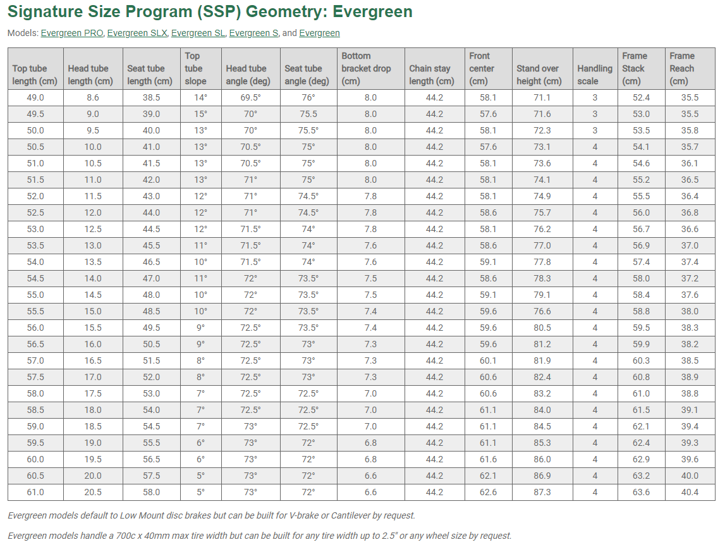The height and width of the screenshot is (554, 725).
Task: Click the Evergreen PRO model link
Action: [72, 33]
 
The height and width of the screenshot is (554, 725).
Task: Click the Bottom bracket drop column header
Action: [366, 68]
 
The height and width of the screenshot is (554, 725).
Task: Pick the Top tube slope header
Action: [195, 68]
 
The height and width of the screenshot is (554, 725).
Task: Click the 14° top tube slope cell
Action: [200, 97]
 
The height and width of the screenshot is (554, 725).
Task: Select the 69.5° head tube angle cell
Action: [250, 97]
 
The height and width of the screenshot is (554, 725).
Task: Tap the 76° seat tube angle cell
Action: [308, 97]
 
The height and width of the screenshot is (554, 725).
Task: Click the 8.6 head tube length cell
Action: [92, 97]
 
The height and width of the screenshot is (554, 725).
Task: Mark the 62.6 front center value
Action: [488, 492]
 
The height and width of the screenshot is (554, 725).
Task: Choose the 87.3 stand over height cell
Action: [542, 492]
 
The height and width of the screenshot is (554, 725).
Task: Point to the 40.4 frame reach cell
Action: [690, 492]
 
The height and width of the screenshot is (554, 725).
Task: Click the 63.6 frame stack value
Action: [641, 492]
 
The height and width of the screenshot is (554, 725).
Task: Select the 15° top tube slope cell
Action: [200, 114]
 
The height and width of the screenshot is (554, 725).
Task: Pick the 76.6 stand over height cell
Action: [542, 311]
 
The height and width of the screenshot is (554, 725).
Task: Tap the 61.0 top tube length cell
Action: [35, 492]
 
